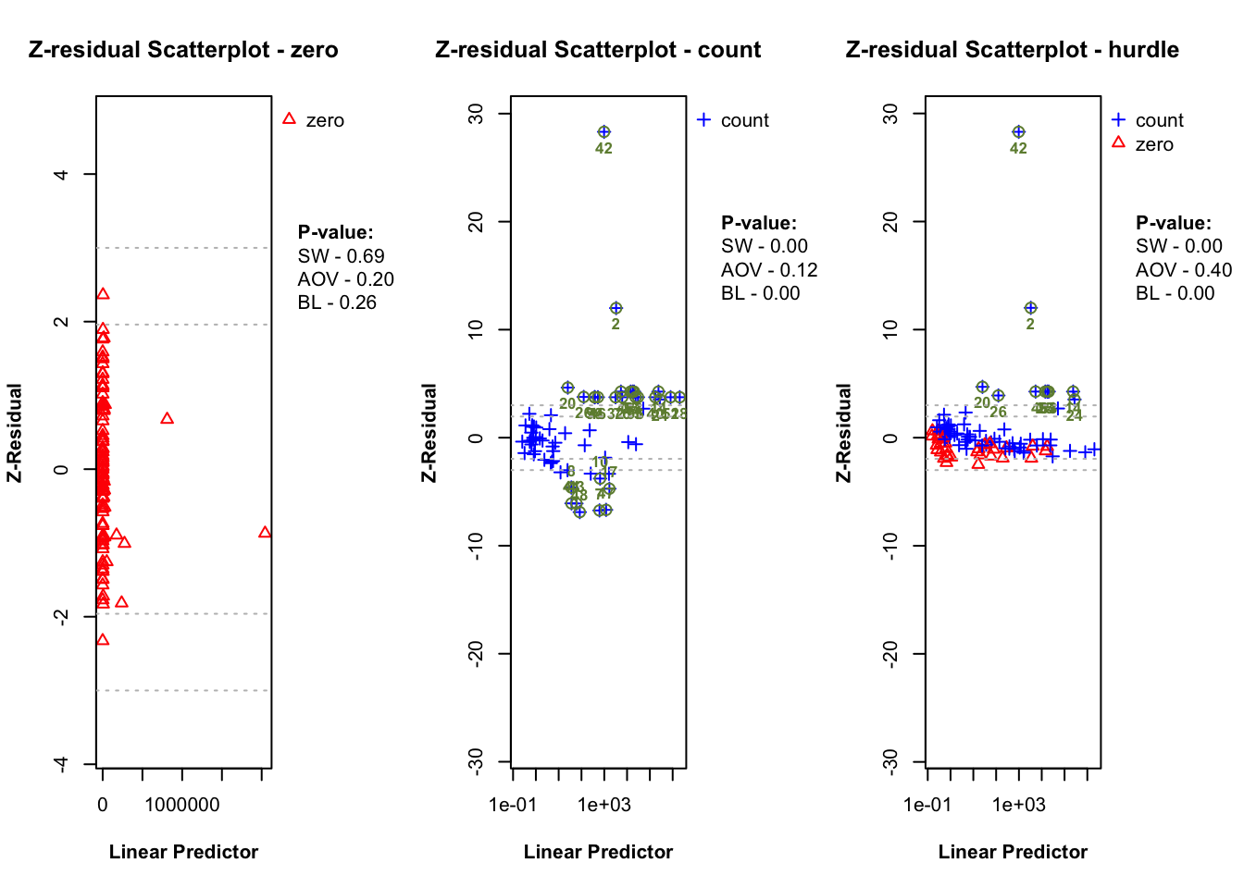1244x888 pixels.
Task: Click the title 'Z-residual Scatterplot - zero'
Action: [183, 50]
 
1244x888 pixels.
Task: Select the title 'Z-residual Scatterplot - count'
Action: [598, 50]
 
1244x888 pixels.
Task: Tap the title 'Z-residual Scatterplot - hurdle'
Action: [1012, 50]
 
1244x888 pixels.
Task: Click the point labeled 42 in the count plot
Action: [603, 132]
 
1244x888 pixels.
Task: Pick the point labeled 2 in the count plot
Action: [616, 308]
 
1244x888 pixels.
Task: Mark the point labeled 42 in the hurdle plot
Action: [1018, 132]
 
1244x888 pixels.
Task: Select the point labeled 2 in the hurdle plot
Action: [1030, 308]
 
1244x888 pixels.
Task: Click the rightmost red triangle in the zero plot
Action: [266, 532]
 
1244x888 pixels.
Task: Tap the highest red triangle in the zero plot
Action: [103, 294]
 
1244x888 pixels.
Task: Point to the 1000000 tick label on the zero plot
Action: [182, 805]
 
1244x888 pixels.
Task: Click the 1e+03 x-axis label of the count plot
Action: [603, 805]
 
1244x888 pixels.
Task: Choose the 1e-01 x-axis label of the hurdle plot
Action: [927, 805]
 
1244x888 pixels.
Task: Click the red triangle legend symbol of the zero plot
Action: [289, 119]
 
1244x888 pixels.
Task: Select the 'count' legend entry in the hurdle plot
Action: [1159, 120]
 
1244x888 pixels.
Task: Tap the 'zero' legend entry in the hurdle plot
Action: [1153, 144]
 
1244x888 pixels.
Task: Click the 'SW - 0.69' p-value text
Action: [341, 256]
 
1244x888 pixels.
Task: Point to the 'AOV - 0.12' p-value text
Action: [769, 270]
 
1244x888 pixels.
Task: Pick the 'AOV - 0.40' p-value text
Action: [1184, 270]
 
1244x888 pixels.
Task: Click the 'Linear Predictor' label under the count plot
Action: [598, 852]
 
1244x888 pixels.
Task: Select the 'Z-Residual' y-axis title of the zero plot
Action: [15, 433]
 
